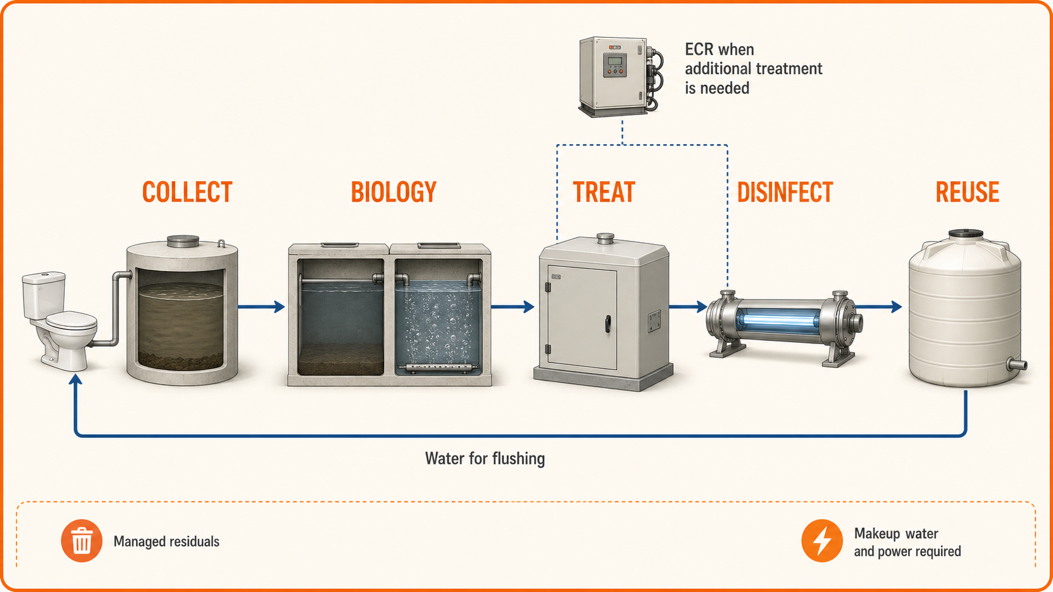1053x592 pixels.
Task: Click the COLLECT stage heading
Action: [x=187, y=192]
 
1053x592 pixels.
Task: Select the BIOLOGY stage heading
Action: [x=394, y=192]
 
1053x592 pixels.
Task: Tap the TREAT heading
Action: [x=604, y=192]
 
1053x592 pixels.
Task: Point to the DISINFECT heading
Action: [x=785, y=192]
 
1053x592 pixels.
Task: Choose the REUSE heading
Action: [x=967, y=192]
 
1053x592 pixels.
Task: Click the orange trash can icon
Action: [x=82, y=541]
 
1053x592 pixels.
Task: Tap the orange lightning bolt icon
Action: [x=822, y=541]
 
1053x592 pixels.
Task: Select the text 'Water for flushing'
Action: [x=485, y=458]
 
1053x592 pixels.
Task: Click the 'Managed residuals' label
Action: [x=166, y=541]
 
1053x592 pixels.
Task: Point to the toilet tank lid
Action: [x=43, y=277]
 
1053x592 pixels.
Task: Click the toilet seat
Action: [x=71, y=321]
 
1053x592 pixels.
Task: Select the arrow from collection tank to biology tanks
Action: [x=261, y=307]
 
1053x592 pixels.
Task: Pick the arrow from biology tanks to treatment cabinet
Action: [x=513, y=307]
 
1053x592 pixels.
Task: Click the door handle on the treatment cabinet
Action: [x=608, y=324]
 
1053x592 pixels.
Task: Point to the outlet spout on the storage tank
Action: [x=1017, y=364]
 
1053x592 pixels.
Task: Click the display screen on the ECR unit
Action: [x=615, y=61]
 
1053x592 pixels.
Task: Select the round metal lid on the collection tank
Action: [x=183, y=241]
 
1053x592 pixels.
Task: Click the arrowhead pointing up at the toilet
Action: [x=75, y=379]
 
